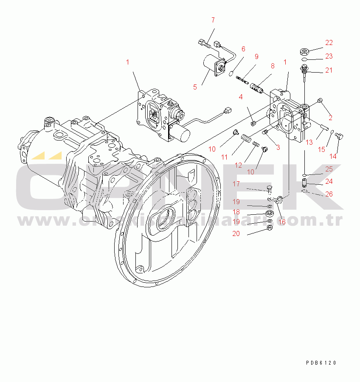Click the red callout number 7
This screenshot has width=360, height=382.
tap(213, 20)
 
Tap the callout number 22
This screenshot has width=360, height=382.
tap(329, 42)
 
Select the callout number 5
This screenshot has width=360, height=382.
tap(195, 87)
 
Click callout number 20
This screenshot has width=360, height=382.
tap(236, 233)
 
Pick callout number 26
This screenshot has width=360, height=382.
tap(329, 194)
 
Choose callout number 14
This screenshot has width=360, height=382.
tap(333, 156)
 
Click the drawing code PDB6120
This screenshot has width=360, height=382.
tap(321, 363)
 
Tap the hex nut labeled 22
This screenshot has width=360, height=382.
tap(304, 52)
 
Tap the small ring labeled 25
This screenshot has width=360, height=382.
tap(305, 174)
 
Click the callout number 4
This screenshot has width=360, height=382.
tap(240, 97)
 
